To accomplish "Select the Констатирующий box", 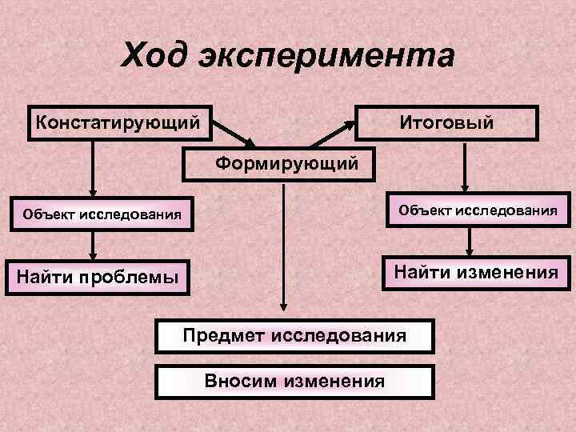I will click(120, 123).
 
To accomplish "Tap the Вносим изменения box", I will click(294, 381).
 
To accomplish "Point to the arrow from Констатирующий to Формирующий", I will click(234, 133).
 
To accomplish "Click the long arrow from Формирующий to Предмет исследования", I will click(282, 248).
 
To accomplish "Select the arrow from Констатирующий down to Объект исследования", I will click(94, 168).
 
